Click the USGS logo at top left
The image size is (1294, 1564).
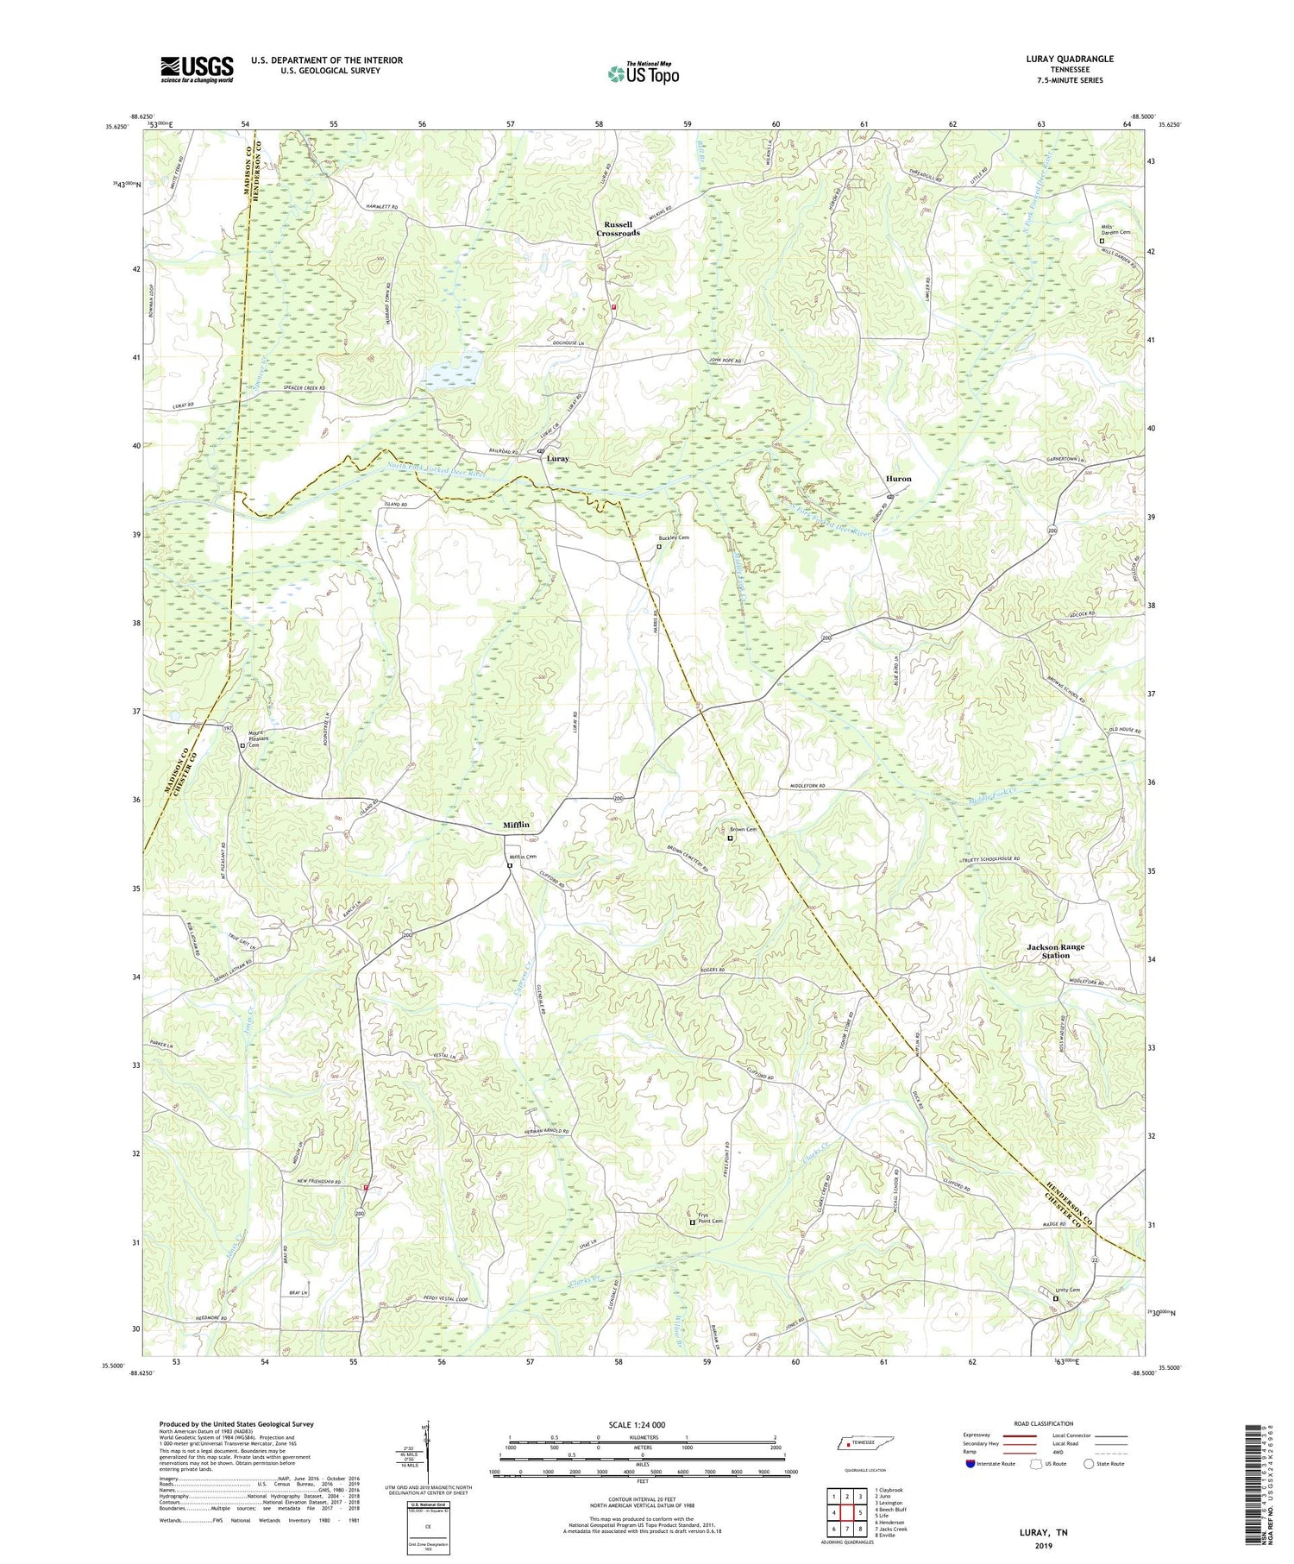[197, 69]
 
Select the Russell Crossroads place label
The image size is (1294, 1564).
[619, 229]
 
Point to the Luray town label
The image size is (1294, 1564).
[557, 459]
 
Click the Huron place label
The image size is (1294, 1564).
[898, 479]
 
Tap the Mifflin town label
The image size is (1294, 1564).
[517, 825]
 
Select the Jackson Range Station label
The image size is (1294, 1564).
[1056, 951]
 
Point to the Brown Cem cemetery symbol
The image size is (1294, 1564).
[730, 838]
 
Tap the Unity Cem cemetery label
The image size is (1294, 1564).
[1068, 1291]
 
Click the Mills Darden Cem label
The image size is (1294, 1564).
[1115, 231]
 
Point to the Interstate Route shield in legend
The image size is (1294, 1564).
[970, 1463]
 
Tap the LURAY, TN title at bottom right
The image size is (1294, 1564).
[1042, 1532]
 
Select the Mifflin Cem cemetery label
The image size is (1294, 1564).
[523, 857]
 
